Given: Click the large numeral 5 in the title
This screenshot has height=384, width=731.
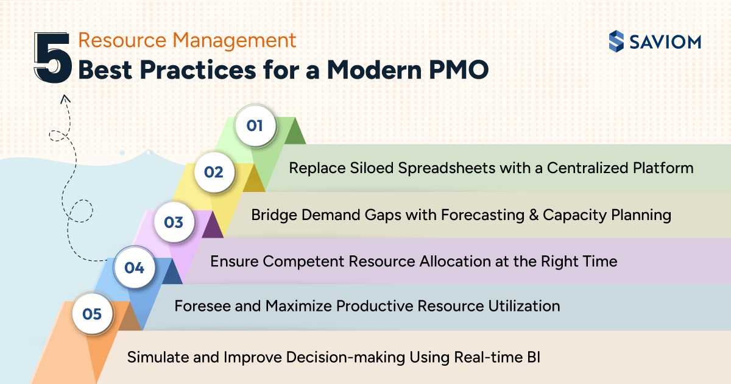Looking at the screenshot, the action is click(x=53, y=57).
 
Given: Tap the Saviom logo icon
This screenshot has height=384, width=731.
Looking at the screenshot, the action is click(x=616, y=41).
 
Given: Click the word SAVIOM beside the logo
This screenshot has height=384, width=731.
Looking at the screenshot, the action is click(x=665, y=42).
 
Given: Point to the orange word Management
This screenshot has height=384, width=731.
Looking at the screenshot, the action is click(x=234, y=40).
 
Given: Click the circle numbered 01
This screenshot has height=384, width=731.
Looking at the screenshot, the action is click(x=255, y=126).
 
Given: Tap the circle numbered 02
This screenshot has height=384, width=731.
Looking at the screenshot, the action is click(x=214, y=172).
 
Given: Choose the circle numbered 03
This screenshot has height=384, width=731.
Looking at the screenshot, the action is click(x=174, y=222).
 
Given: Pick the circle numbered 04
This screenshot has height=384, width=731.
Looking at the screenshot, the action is click(x=135, y=268).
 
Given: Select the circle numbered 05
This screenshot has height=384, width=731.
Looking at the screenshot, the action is click(x=93, y=314).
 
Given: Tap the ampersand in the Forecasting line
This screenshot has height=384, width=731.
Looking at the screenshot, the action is click(x=534, y=215).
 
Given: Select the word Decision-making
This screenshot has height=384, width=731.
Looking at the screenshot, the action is click(x=345, y=357).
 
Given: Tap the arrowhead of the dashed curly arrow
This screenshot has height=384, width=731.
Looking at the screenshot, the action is click(x=65, y=99).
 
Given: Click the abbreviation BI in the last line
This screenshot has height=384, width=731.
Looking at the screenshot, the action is click(x=533, y=357).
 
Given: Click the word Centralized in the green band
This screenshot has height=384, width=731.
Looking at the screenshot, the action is click(x=587, y=168).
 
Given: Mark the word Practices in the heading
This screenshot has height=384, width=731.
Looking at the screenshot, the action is click(x=198, y=69).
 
